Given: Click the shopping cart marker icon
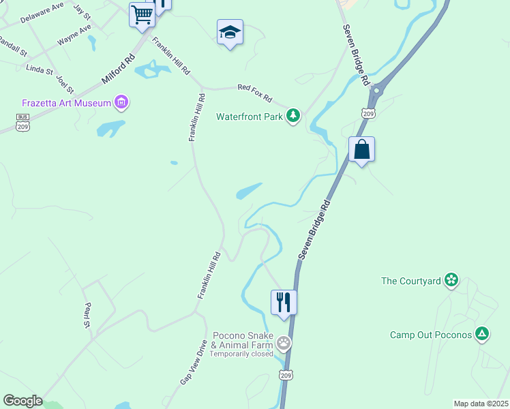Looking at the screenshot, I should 142,14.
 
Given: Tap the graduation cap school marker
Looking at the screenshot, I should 230,31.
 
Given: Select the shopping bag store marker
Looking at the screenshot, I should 361,149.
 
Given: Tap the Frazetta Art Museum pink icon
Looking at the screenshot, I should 122,103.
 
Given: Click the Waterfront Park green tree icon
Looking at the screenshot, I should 293,116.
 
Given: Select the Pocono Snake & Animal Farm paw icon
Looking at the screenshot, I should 284,344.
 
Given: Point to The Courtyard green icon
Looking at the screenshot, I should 451,279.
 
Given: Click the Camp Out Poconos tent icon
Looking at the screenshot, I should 482,334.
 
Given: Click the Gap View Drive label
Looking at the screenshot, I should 193,363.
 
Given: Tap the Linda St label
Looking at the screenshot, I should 39,69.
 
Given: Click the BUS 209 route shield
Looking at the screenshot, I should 22,121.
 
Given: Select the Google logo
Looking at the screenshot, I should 22,401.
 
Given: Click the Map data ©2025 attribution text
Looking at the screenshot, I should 481,404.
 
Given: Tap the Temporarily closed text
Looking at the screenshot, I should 241,354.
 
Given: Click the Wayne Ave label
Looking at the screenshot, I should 74,35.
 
